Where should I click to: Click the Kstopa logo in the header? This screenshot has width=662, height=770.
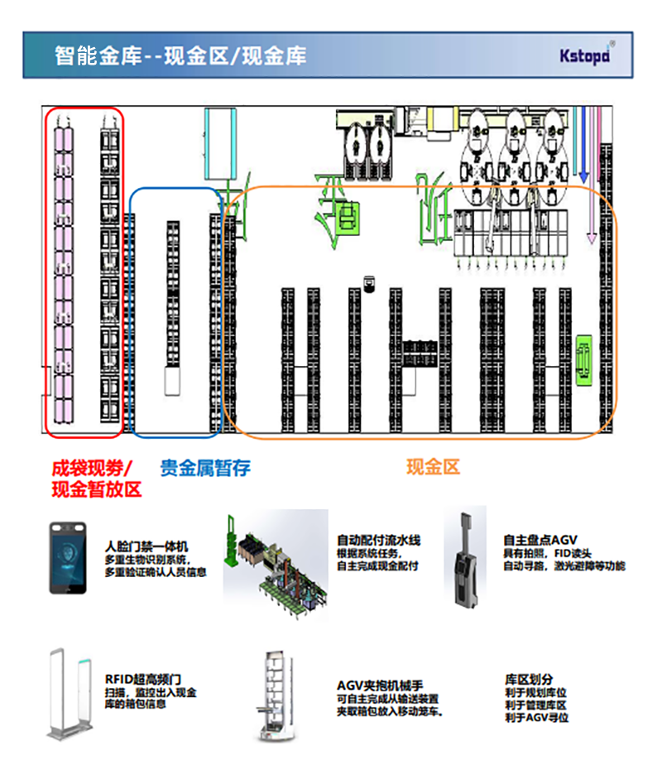tap(584, 55)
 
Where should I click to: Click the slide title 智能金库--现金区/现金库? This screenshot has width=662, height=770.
tap(180, 55)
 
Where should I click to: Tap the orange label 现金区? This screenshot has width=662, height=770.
tap(433, 467)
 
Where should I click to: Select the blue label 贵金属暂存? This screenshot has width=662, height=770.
tap(204, 468)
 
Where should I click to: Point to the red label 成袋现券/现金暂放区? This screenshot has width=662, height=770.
tap(96, 479)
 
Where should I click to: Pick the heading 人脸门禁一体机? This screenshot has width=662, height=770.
tap(146, 546)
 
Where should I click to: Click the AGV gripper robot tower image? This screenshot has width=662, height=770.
tap(273, 694)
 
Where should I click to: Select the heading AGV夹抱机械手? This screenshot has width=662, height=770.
tap(380, 686)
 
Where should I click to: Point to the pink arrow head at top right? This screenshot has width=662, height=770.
tap(592, 238)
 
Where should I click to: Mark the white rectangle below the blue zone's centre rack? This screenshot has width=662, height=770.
tap(172, 382)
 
